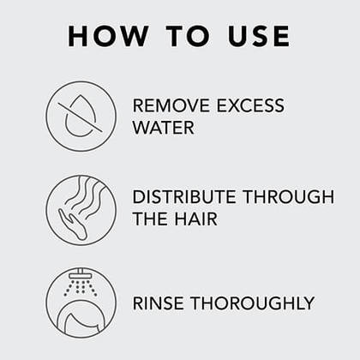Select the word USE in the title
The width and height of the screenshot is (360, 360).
click(x=259, y=36)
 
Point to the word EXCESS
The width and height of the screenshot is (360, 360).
click(x=250, y=105)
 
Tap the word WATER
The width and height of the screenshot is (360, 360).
click(x=164, y=127)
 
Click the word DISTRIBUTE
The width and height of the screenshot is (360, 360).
click(x=184, y=197)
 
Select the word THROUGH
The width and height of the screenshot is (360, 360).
click(x=288, y=197)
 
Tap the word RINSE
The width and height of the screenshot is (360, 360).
click(x=159, y=303)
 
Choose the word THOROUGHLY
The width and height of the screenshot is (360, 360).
click(x=253, y=303)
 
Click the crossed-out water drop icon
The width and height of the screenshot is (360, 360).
click(x=81, y=117)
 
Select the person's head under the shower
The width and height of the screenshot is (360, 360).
click(x=81, y=320)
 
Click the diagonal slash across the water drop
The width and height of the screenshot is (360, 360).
click(x=81, y=117)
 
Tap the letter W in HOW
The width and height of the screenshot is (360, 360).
click(x=133, y=36)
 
